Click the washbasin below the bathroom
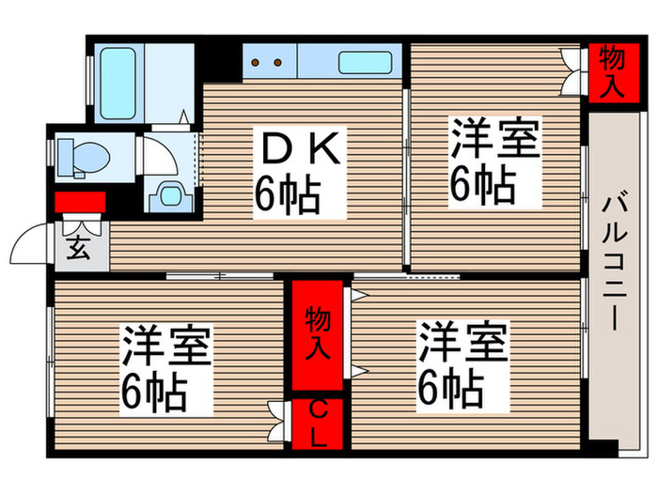[x=169, y=193]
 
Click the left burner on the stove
[x=258, y=62]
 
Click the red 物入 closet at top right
[x=611, y=69]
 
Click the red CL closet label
[x=318, y=424]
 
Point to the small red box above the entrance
[x=79, y=202]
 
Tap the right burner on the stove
[x=278, y=62]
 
